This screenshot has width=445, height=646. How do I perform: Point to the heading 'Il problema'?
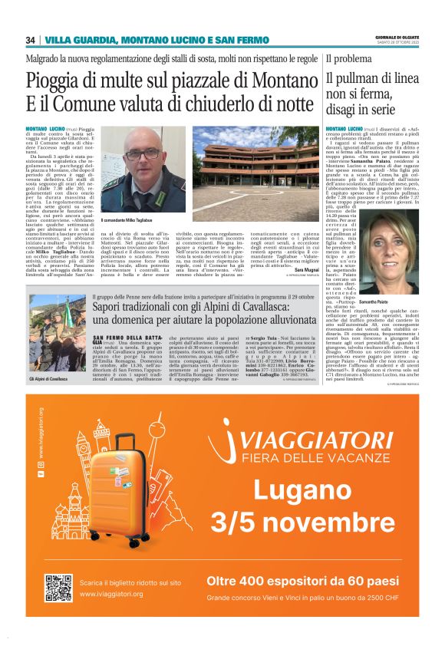351,58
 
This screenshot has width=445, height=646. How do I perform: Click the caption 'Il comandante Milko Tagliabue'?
127,219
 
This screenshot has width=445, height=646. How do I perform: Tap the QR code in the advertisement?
58,588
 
